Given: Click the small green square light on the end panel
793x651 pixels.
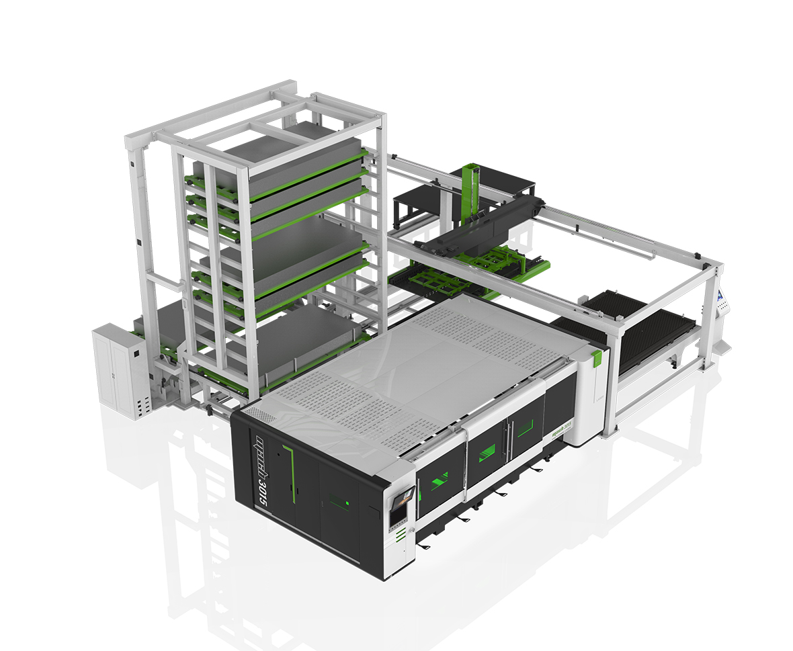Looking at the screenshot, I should (347, 501).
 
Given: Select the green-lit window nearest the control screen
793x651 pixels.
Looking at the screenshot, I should (440, 478).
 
